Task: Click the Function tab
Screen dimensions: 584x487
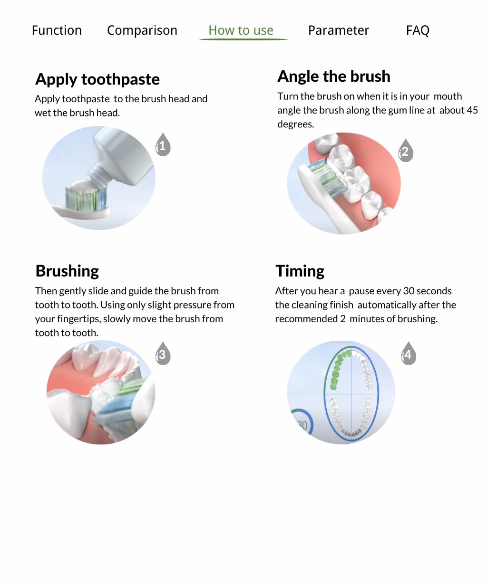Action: point(57,30)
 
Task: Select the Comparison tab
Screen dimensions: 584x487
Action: point(142,30)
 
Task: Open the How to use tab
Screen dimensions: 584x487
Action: point(241,30)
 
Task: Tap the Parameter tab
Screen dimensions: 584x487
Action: point(338,30)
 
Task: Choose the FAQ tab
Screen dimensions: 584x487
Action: point(417,30)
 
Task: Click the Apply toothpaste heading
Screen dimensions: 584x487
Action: point(97,79)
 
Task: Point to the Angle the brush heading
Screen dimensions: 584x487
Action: point(333,76)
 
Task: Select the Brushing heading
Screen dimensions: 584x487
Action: point(67,271)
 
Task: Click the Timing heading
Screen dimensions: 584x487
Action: point(300,271)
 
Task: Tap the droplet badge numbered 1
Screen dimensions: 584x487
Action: point(163,146)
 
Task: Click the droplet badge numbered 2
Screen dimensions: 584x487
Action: point(405,152)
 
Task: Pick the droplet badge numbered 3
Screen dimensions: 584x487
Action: point(163,354)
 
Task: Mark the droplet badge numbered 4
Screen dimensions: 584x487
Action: point(408,355)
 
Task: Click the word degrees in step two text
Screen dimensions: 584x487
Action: point(295,124)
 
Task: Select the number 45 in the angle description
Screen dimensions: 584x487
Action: point(472,110)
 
